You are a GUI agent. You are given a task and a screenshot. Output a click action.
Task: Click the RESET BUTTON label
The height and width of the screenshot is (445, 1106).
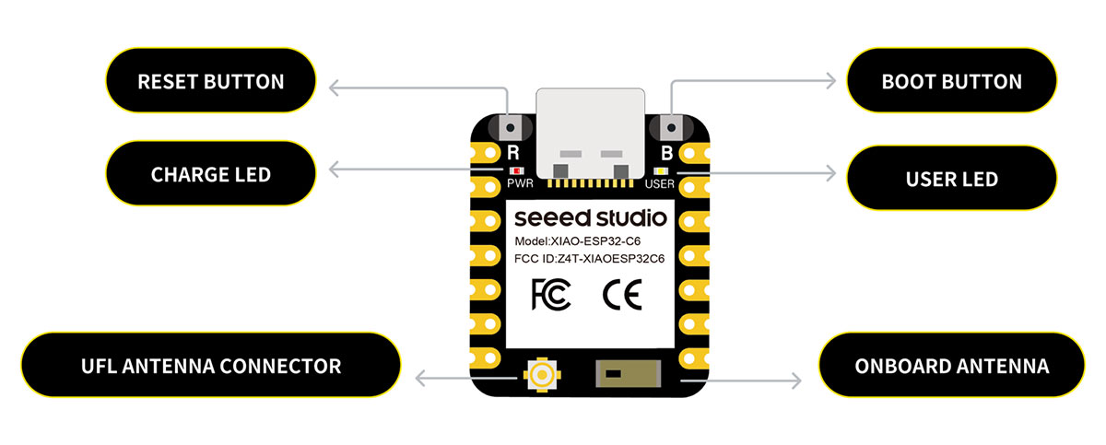(210, 81)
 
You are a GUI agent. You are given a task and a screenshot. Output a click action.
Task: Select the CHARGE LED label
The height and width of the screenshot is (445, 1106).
(210, 173)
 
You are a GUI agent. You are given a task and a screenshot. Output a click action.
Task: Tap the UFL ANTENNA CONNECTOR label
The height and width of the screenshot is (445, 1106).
(210, 366)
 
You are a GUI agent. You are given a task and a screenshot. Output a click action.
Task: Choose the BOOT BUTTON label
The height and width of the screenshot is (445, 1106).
(951, 81)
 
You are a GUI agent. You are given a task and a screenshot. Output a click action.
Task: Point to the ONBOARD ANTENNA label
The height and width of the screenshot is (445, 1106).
(951, 366)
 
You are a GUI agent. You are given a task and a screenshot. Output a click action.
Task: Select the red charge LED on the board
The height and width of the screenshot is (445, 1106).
(517, 170)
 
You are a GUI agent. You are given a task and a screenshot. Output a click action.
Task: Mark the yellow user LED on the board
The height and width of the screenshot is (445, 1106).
(660, 170)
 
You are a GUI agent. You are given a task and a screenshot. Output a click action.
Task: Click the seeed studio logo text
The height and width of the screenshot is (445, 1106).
(590, 219)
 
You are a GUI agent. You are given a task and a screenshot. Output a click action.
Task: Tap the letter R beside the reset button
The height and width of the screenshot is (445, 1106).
(513, 153)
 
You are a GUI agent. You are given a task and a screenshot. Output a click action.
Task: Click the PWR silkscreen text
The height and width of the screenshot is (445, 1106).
(518, 183)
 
